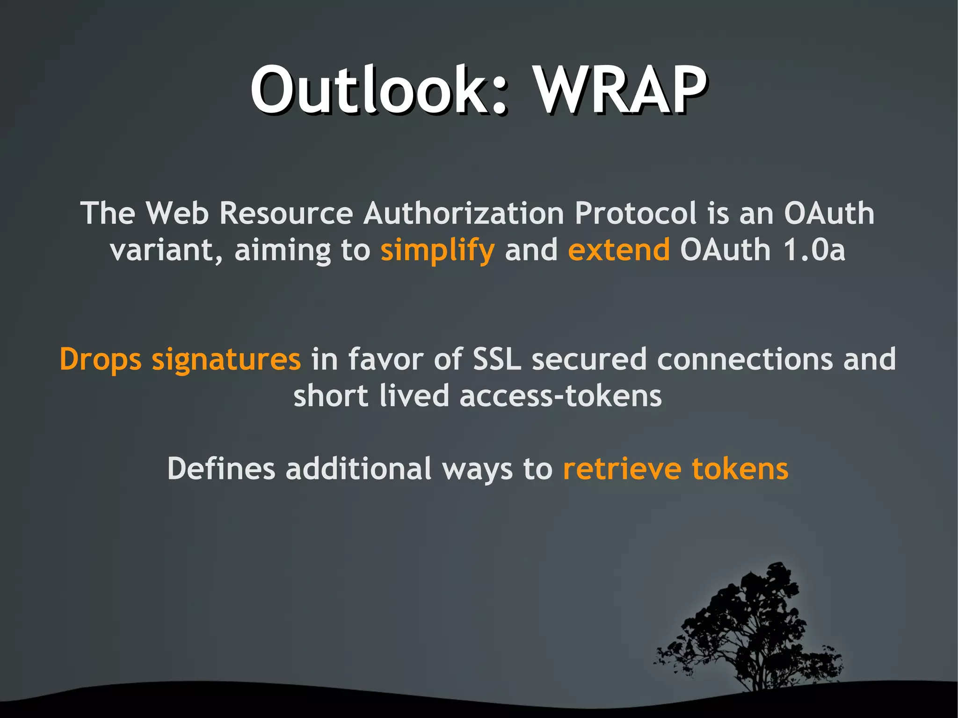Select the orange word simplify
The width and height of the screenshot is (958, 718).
[x=437, y=251]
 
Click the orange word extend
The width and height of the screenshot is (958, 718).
[x=618, y=250]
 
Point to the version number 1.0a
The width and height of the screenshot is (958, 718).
[x=814, y=250]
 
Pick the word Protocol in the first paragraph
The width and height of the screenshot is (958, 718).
[x=635, y=214]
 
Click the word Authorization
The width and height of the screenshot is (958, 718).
[x=464, y=214]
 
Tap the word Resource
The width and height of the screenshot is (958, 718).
[x=286, y=214]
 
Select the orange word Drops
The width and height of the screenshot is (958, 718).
[x=100, y=360]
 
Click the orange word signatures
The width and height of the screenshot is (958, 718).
[x=226, y=360]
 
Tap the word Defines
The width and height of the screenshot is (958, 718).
[x=221, y=469]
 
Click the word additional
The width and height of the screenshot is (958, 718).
[x=358, y=469]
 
